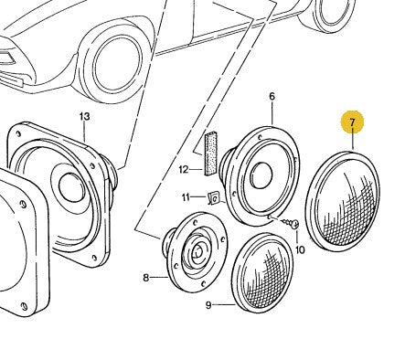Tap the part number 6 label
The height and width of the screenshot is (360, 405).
(272, 96)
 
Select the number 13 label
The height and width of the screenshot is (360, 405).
(85, 116)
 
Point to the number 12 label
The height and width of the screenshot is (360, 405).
(183, 168)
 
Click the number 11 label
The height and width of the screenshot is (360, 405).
(187, 196)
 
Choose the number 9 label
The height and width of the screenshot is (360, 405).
(208, 304)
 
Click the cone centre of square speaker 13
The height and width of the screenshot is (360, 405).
(69, 188)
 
